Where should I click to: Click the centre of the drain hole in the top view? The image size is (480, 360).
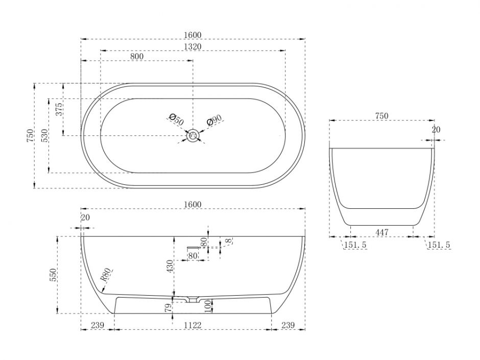(193, 135)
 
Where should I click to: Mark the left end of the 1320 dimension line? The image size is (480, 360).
(101, 50)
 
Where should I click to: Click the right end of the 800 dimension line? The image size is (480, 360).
(193, 60)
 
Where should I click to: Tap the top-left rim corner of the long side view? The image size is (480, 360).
(81, 236)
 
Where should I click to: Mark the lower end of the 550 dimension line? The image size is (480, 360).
(57, 313)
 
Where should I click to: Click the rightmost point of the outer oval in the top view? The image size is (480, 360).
(305, 136)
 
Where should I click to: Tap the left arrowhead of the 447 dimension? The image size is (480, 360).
(352, 236)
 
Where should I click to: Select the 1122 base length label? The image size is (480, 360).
(193, 325)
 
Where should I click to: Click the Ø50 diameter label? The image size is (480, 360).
(176, 119)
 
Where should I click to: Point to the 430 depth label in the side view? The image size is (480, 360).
(170, 266)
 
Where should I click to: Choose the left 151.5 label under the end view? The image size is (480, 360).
(355, 245)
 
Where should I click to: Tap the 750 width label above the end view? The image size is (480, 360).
(381, 116)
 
